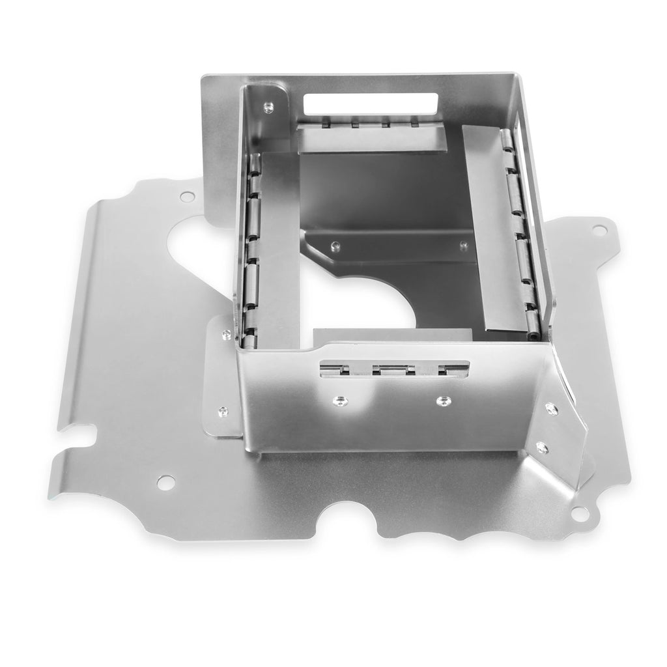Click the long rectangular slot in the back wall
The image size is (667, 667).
coord(371,103)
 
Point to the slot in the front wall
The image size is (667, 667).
coord(393,369)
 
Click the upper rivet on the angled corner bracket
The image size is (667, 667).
coord(551,408)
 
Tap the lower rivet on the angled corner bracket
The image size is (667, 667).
coord(541,447)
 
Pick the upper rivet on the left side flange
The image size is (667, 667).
coord(225,334)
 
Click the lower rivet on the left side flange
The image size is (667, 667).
coord(222,411)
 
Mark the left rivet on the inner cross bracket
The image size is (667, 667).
coord(335,246)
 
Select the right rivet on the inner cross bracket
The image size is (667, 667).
coord(463,245)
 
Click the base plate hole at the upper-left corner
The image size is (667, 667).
coord(187,196)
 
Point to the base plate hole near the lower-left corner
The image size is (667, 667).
coord(166,482)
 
